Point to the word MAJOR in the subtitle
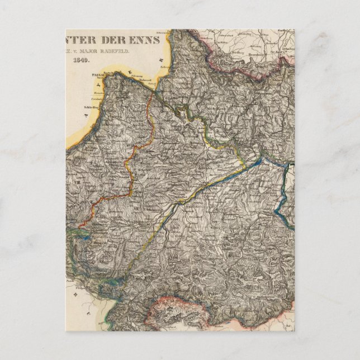[106, 49]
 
